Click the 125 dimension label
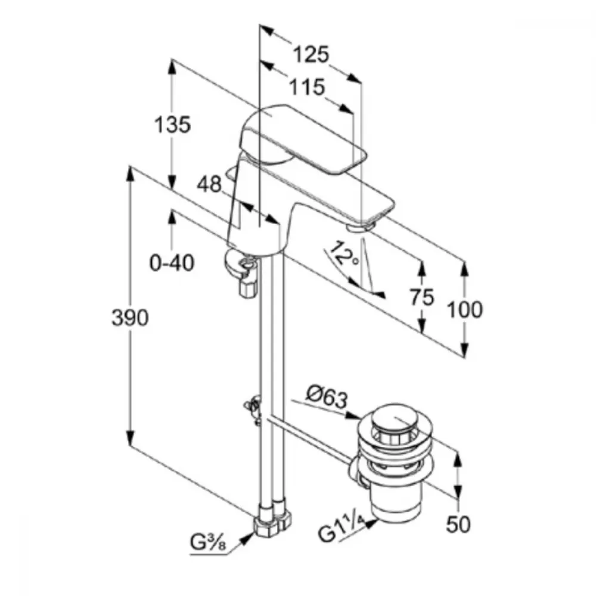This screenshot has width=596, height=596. coord(311,54)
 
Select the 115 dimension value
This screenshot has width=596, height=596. coord(307,87)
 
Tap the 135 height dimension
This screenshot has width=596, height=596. coord(172,125)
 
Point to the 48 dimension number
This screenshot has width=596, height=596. coord(209,184)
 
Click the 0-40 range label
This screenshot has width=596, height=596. coord(172,263)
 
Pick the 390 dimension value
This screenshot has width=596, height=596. coord(130,318)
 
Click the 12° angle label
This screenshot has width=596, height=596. coord(344,253)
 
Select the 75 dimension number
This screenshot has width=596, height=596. coord(421,297)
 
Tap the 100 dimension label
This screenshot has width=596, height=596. coord(464,309)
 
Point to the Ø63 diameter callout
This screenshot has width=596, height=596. coord(327,397)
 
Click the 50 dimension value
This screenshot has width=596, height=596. coord(458,524)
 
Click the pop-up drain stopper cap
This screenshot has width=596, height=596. coord(395,418)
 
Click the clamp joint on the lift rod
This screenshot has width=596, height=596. coord(254,409)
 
